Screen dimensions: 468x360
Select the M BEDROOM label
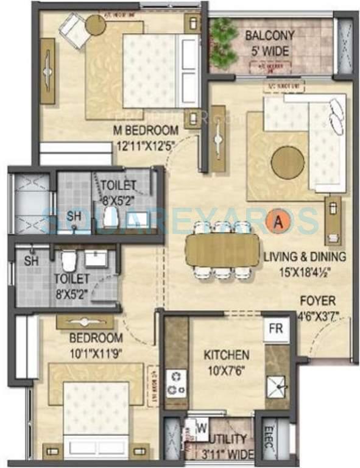[146, 130]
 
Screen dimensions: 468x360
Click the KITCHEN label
[226, 354]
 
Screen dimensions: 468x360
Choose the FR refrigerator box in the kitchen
[276, 329]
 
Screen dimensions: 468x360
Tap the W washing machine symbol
[199, 428]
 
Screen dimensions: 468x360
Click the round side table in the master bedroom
[95, 24]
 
